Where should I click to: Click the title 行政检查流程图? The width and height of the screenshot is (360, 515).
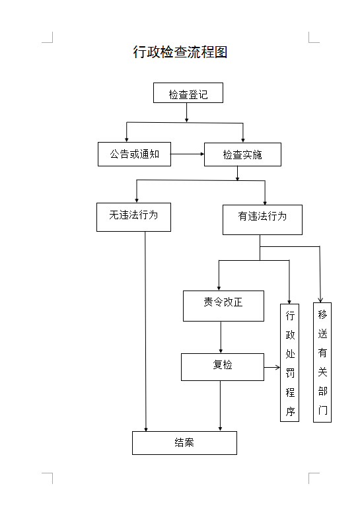click(x=180, y=53)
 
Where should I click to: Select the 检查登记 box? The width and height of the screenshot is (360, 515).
click(x=188, y=93)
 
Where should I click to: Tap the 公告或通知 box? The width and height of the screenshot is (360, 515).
click(x=134, y=154)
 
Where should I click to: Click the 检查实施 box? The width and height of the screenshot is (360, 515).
click(x=242, y=154)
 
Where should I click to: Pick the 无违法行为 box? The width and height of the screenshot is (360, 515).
click(x=133, y=216)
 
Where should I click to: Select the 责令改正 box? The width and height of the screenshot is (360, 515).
click(x=223, y=305)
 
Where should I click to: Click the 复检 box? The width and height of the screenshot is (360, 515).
click(x=223, y=366)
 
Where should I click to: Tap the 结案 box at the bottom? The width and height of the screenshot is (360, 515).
click(x=184, y=442)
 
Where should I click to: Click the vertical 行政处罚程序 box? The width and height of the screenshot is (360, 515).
click(x=290, y=362)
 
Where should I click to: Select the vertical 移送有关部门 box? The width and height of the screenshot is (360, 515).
click(x=322, y=362)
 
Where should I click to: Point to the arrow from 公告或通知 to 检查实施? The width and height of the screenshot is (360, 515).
click(x=188, y=154)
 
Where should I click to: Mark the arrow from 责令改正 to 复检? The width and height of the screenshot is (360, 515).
click(x=221, y=337)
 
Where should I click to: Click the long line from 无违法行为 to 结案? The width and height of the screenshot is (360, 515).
click(x=145, y=330)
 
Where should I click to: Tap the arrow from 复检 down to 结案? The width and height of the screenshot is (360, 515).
click(x=220, y=406)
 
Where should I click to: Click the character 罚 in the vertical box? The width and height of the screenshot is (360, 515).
click(x=290, y=373)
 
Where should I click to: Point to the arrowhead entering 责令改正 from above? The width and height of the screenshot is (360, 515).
click(x=219, y=287)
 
